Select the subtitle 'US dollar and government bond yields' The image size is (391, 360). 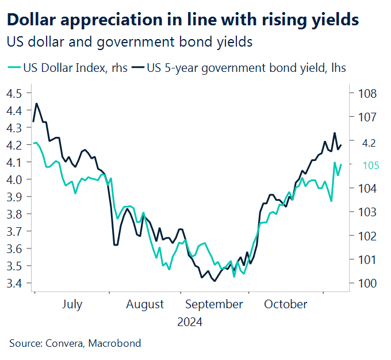pos(130,43)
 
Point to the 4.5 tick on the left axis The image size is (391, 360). pos(16,93)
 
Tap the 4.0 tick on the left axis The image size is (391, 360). pos(16,179)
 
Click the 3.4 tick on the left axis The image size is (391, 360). pos(16,284)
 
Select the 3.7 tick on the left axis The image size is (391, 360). pos(16,231)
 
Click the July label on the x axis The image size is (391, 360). pos(72,304)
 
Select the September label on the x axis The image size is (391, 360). pos(214,304)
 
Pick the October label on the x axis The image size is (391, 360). pos(286,304)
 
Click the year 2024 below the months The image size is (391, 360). pos(190,322)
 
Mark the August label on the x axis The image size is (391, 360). pos(144,304)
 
